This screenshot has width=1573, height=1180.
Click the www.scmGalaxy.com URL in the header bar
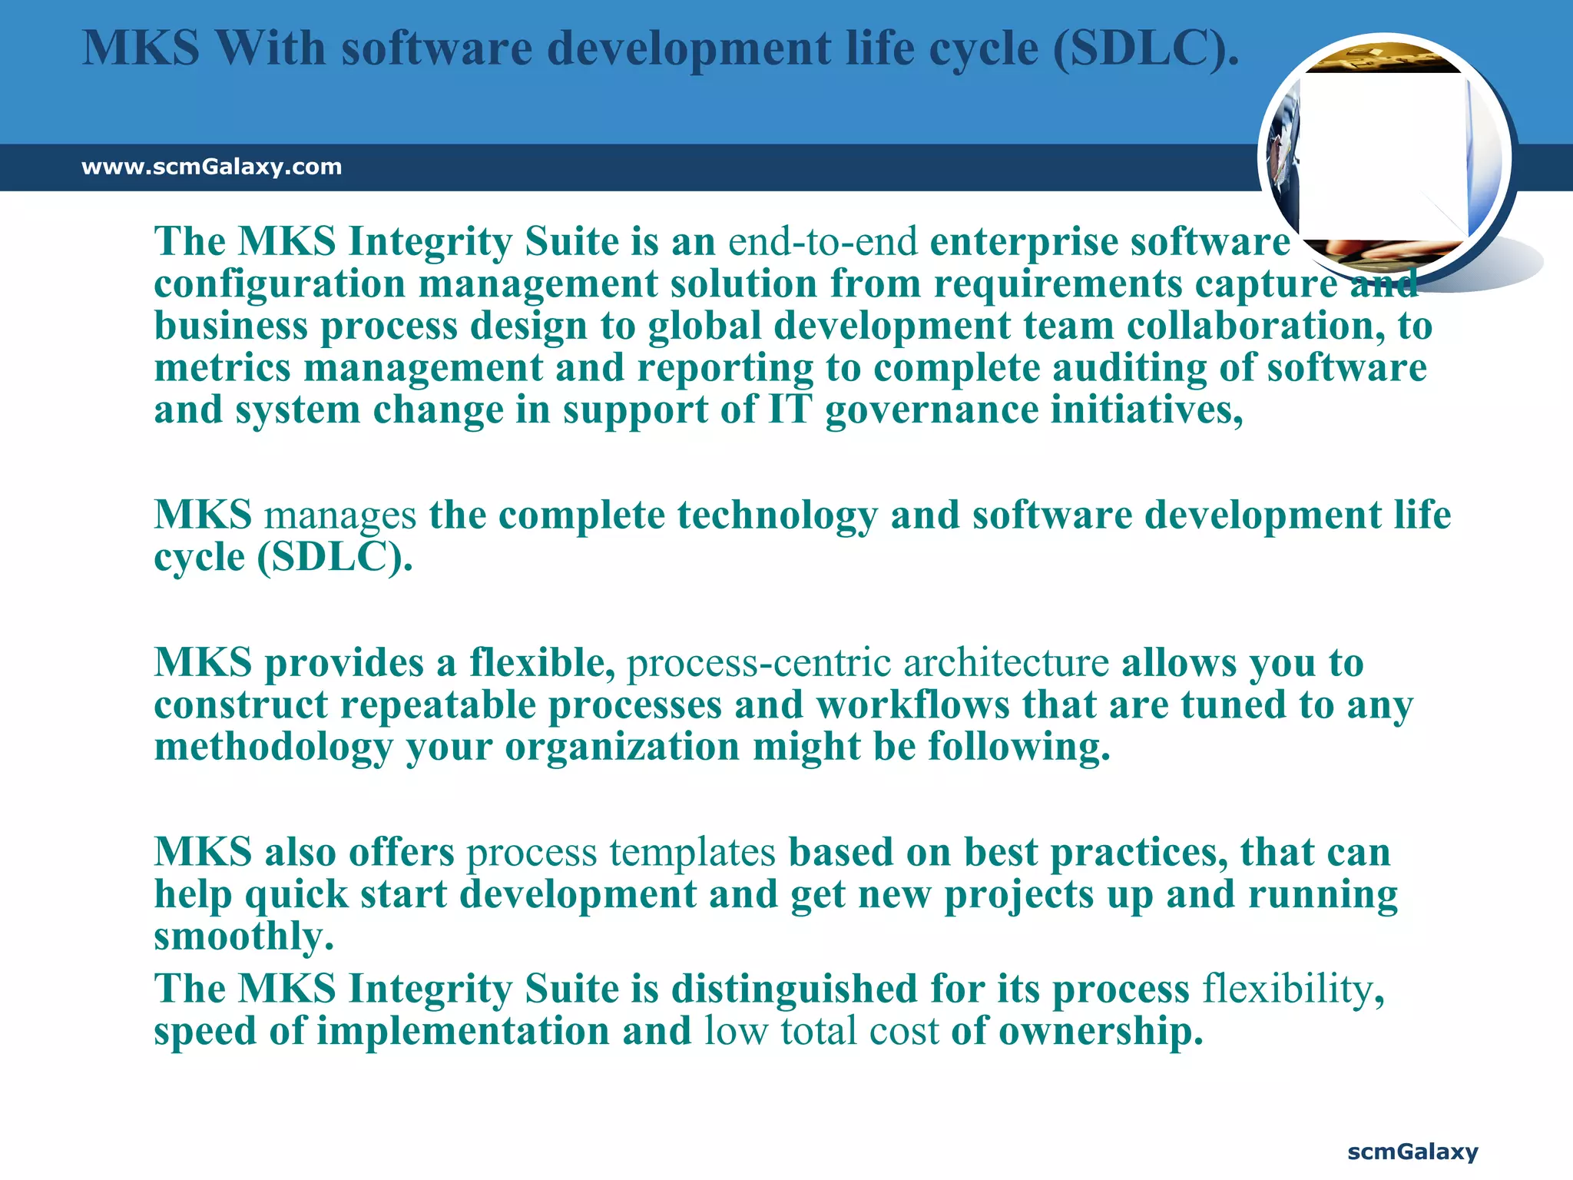click(x=211, y=167)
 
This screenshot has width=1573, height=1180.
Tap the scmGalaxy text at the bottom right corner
click(x=1412, y=1152)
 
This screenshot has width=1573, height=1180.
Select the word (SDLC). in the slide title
click(x=1145, y=48)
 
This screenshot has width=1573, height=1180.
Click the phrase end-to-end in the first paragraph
click(x=823, y=242)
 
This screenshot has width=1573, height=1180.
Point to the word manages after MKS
click(x=339, y=515)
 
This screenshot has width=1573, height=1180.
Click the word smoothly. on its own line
click(x=243, y=936)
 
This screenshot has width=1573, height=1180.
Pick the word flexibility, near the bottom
click(x=1293, y=989)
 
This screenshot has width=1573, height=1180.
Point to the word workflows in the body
click(x=912, y=705)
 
